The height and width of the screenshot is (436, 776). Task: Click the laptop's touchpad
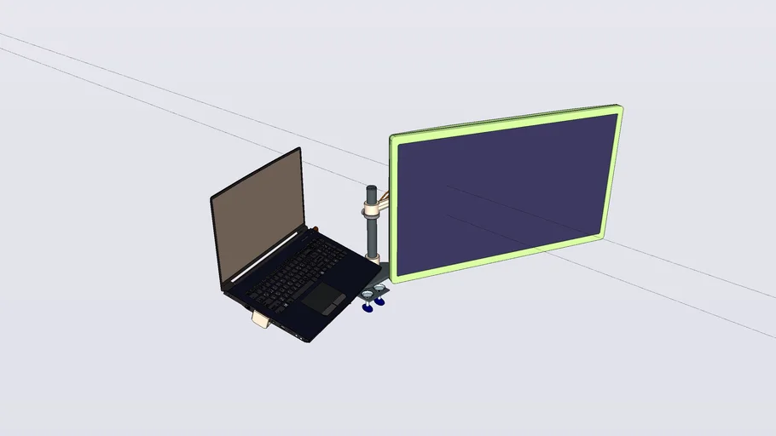point(323,297)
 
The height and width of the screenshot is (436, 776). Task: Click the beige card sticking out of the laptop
point(262,319)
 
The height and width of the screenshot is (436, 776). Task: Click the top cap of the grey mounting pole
point(372,187)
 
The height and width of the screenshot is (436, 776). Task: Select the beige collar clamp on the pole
point(372,208)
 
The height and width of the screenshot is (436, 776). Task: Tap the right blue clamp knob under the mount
point(380,301)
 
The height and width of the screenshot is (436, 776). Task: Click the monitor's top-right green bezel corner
point(619,109)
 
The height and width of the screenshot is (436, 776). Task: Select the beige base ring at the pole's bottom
point(373,255)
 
